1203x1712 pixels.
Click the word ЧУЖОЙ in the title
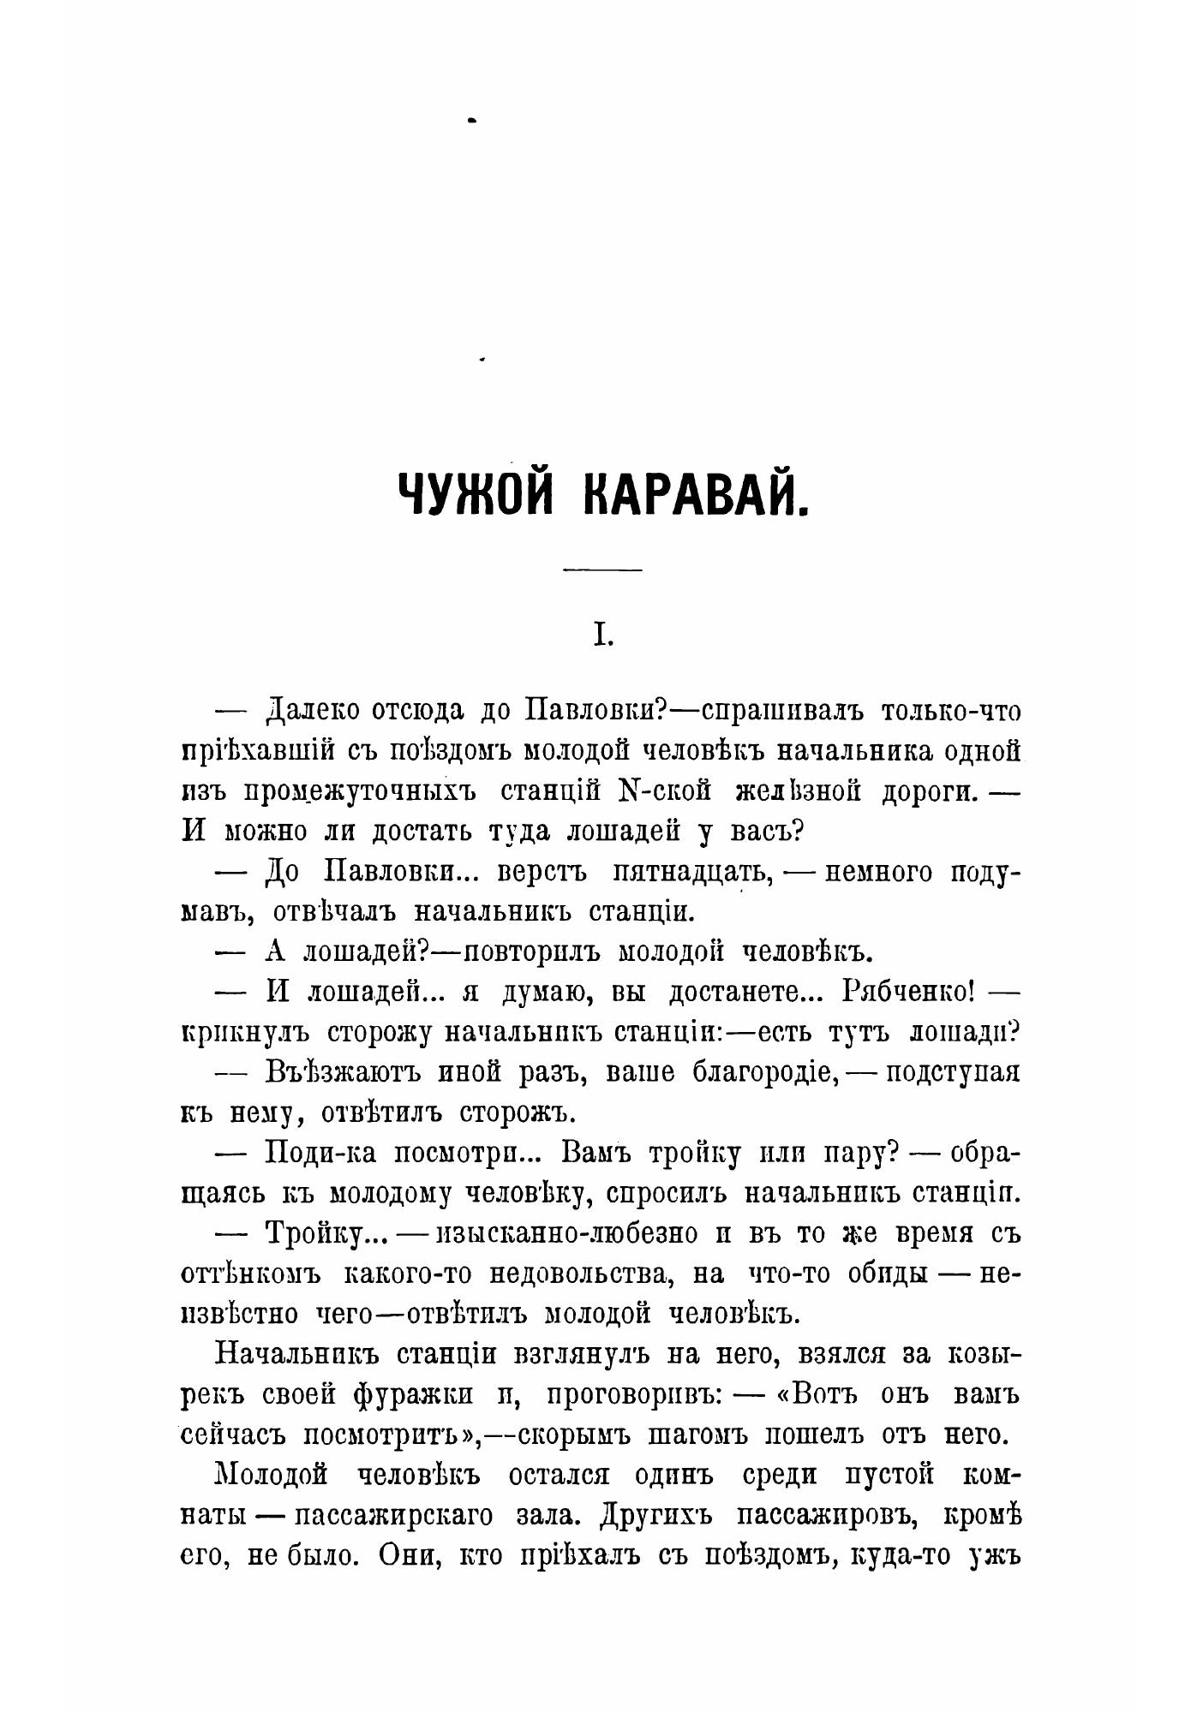[481, 495]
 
